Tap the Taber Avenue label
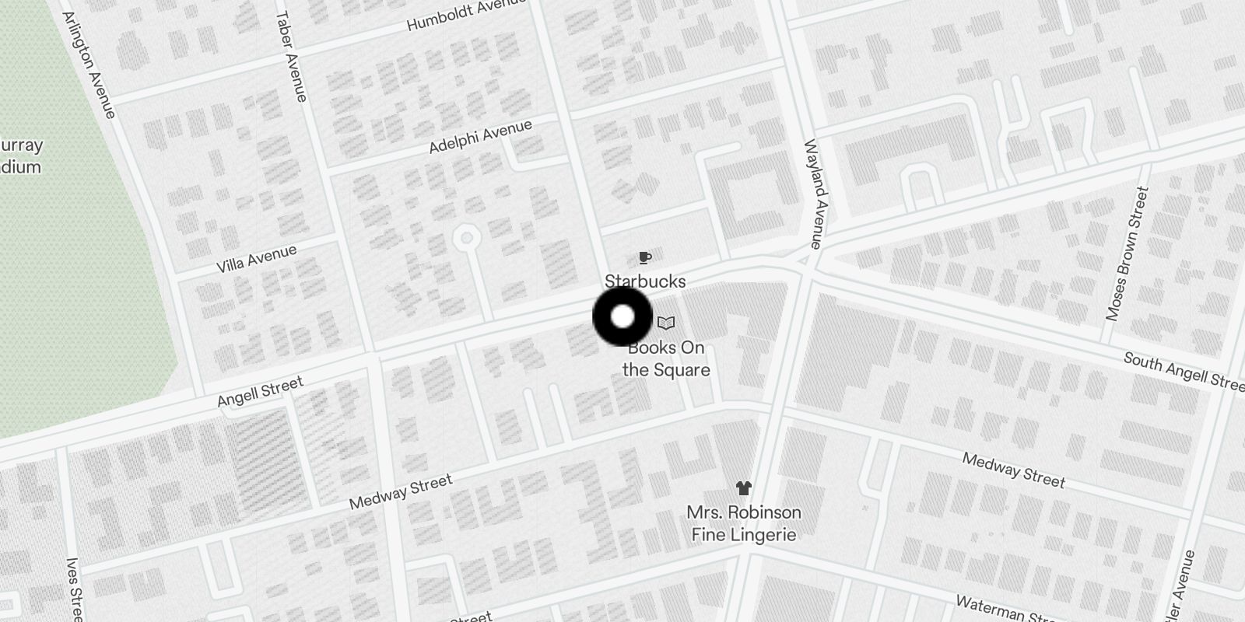(x=290, y=56)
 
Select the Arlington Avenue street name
(x=89, y=65)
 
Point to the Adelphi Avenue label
(x=480, y=136)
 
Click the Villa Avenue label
(x=256, y=258)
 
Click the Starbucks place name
(x=645, y=281)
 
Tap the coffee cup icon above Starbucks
(x=644, y=257)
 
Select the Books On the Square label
(x=667, y=358)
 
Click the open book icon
(x=666, y=323)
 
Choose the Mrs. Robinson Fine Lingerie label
(x=743, y=523)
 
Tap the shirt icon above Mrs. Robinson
(x=743, y=488)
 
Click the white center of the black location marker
(x=622, y=316)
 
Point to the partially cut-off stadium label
(x=21, y=155)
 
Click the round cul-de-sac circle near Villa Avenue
(x=465, y=237)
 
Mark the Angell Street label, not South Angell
(x=260, y=392)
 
